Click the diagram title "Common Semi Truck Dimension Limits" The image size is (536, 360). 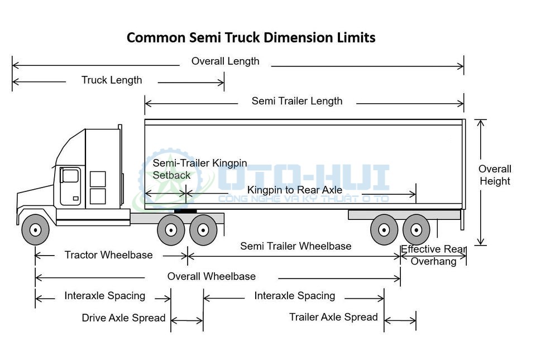click(x=251, y=38)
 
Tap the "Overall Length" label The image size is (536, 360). click(x=225, y=61)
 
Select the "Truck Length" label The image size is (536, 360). click(x=112, y=80)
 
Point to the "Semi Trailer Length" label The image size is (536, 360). click(x=296, y=101)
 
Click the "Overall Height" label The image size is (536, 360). click(x=495, y=175)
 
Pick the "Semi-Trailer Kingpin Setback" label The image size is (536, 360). click(x=199, y=169)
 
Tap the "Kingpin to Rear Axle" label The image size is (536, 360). click(x=294, y=190)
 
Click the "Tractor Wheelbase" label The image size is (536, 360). click(x=108, y=255)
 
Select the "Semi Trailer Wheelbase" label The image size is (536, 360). click(x=295, y=246)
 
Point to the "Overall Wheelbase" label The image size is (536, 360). click(x=211, y=276)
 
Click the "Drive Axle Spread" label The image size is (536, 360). click(x=123, y=318)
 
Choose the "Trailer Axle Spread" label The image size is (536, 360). click(x=333, y=317)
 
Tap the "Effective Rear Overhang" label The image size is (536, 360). click(x=433, y=255)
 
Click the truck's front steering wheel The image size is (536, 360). click(x=35, y=229)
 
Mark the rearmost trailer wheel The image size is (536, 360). click(x=416, y=229)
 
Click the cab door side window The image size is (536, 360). click(x=70, y=176)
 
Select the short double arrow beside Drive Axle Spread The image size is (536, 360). click(x=187, y=321)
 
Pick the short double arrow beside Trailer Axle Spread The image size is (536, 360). click(x=400, y=321)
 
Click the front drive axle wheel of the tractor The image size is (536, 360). click(x=171, y=229)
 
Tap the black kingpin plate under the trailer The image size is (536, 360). click(x=185, y=211)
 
